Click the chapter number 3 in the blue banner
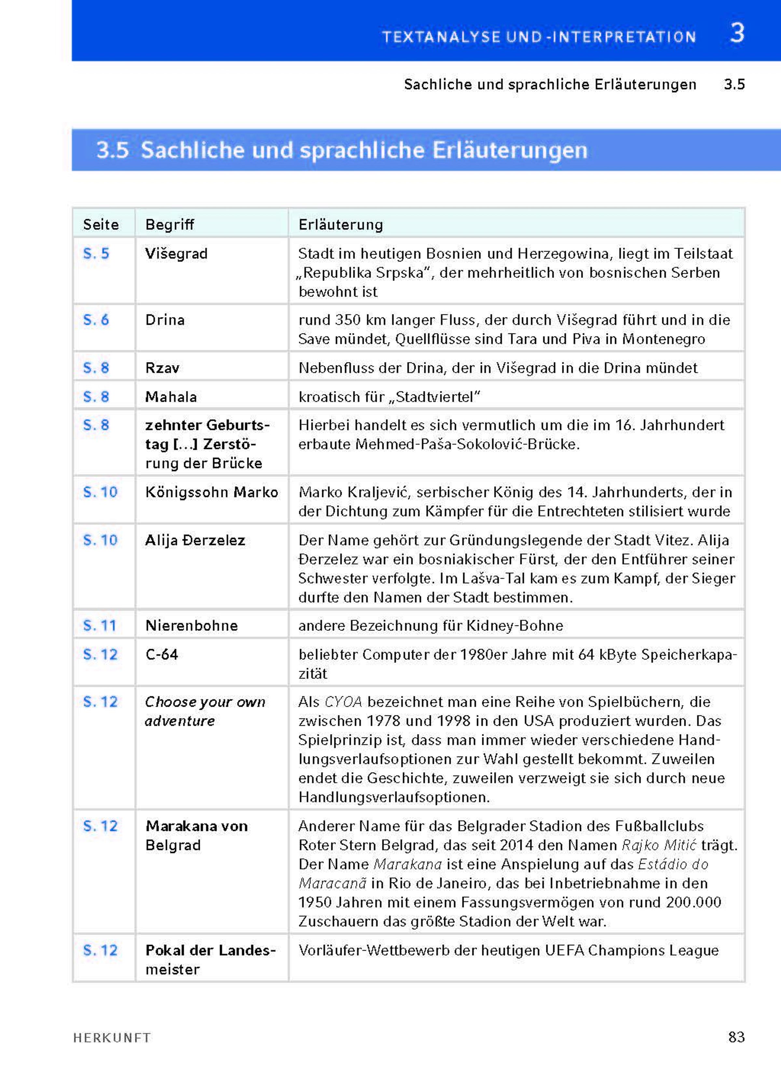(x=737, y=34)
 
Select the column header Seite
(x=101, y=224)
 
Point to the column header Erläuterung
(x=340, y=224)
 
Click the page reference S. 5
(x=96, y=253)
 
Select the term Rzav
(x=162, y=368)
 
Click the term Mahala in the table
(x=171, y=397)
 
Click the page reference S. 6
(x=96, y=319)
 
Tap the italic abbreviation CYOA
(x=343, y=702)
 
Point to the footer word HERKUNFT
(x=112, y=1038)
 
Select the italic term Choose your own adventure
(x=205, y=711)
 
